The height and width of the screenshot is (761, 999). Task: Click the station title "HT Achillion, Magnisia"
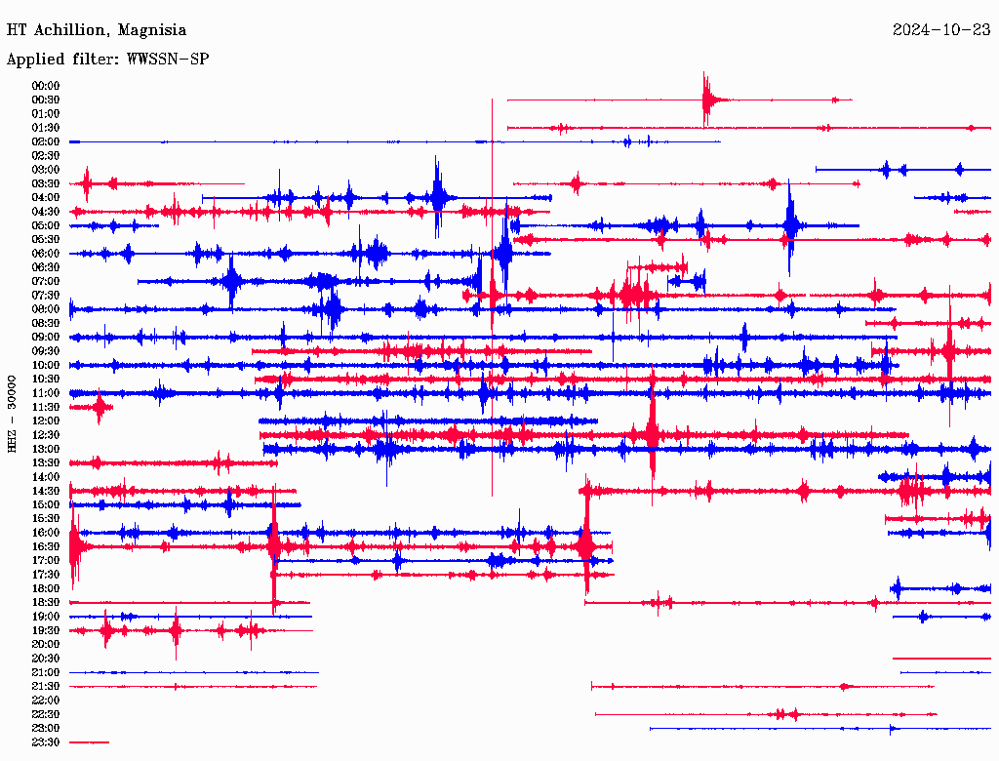96,30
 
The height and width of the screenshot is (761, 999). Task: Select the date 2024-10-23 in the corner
940,30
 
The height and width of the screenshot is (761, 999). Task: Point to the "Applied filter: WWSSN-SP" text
107,60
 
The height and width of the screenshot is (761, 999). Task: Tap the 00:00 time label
46,86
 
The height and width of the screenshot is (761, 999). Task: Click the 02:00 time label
46,141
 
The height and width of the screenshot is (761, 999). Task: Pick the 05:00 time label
46,225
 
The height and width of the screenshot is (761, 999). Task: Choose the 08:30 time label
46,323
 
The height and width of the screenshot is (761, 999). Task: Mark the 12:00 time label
46,421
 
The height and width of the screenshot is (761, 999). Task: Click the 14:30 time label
46,491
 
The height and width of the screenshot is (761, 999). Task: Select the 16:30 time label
46,546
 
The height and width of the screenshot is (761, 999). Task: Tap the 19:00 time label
46,617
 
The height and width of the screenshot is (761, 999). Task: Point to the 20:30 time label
46,659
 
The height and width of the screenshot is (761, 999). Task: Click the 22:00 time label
46,701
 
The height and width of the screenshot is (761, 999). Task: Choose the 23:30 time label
46,742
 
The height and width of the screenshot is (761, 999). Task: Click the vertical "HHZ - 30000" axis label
12,414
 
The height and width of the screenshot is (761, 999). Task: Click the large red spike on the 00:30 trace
705,99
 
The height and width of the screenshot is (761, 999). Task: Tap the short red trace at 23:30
89,742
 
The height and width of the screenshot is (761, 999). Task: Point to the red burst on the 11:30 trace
100,408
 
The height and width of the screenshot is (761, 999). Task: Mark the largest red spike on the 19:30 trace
176,630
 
